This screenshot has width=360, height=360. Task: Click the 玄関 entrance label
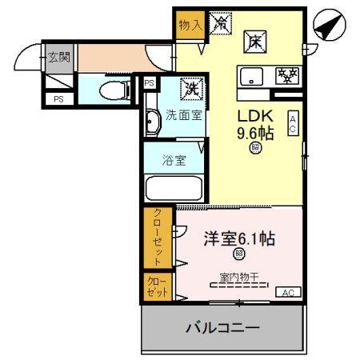coord(58,57)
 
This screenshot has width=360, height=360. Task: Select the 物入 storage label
coord(190,25)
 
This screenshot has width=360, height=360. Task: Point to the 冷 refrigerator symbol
coord(219,24)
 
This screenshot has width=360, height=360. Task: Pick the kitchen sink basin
coord(252,77)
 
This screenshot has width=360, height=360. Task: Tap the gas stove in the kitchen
coord(284,76)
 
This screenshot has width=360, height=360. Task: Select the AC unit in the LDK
coord(293,122)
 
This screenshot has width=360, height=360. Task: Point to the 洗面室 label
coord(184,115)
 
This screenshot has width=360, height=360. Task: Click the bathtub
coord(174,189)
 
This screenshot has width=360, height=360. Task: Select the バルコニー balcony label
coord(223,327)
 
